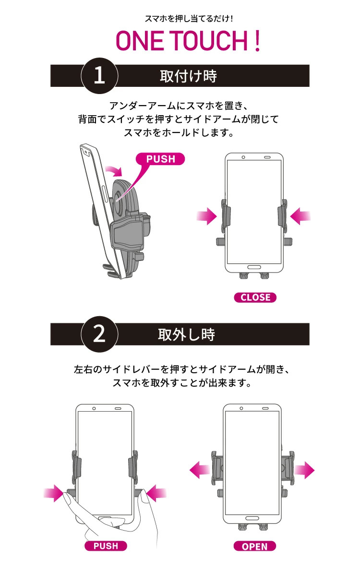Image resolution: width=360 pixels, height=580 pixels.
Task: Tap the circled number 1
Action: point(99,76)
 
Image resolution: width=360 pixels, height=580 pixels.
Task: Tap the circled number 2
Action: point(99,334)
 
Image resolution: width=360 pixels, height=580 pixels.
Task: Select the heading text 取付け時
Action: point(188,76)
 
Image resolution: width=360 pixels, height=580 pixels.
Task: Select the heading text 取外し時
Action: point(187,334)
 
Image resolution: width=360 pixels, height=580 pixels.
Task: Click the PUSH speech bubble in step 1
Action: point(160,159)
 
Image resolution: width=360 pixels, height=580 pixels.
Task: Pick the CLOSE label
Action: point(255,297)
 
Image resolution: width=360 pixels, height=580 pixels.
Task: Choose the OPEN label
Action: point(255,546)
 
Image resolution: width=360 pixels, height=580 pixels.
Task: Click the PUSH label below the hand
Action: point(106,546)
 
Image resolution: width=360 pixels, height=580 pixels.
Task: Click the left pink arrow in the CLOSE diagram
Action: point(207,216)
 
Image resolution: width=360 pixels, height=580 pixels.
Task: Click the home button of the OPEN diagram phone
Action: point(252,519)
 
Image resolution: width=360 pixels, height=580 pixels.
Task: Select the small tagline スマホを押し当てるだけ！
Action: point(189,19)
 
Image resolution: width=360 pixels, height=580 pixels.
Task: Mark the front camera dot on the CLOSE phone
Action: point(243,157)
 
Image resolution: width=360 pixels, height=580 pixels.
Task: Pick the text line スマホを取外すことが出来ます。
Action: point(182,384)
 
